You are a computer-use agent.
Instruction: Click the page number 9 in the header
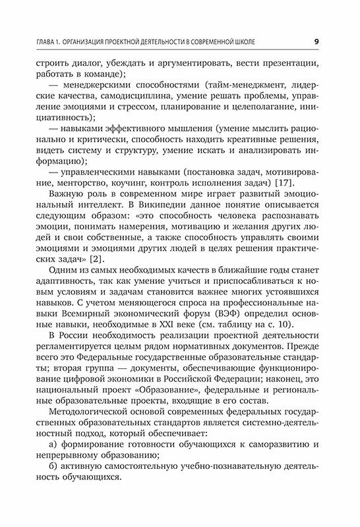pos(316,42)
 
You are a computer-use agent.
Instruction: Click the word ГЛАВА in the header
pos(31,43)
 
